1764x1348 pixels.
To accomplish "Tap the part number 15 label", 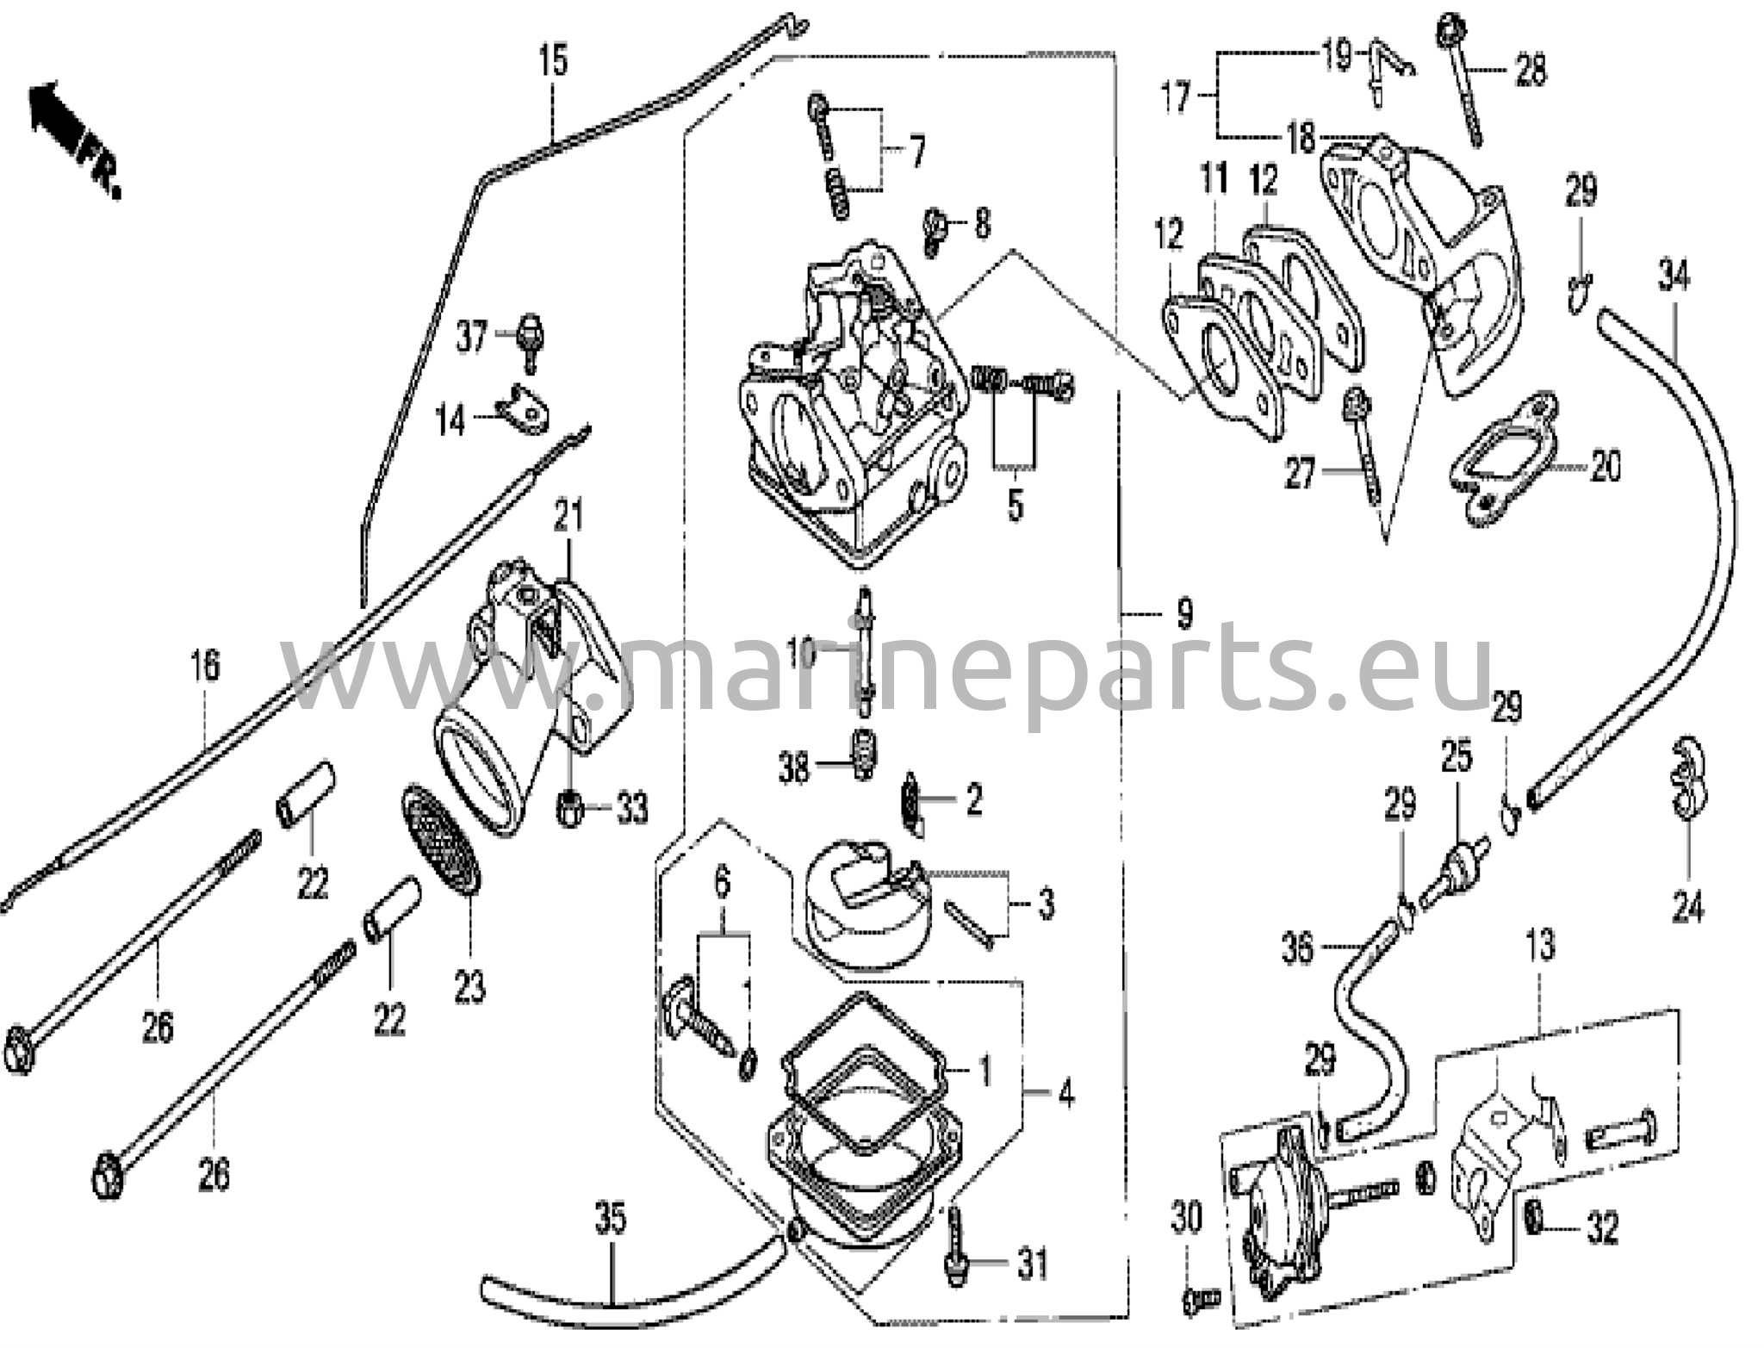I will pyautogui.click(x=554, y=61).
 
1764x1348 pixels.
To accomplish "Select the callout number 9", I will pyautogui.click(x=1184, y=613).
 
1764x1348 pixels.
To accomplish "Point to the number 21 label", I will pyautogui.click(x=568, y=515).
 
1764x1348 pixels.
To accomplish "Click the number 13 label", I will pyautogui.click(x=1540, y=946).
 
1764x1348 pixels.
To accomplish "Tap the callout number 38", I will pyautogui.click(x=793, y=767).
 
